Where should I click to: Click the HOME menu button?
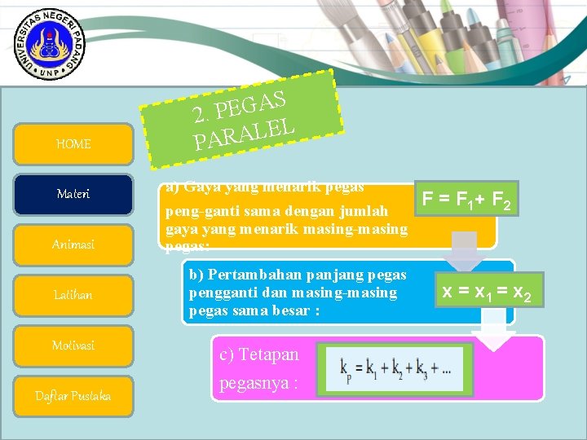(x=73, y=144)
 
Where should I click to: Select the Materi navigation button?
(x=73, y=194)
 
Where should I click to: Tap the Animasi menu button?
(x=73, y=244)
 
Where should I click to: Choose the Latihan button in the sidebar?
(x=73, y=295)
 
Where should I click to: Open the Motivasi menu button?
(x=73, y=345)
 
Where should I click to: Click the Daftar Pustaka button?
(x=73, y=396)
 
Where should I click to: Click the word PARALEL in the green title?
(x=244, y=133)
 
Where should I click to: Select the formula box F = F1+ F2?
(x=466, y=198)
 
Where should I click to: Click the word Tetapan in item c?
(x=260, y=355)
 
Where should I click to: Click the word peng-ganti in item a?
(x=196, y=212)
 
